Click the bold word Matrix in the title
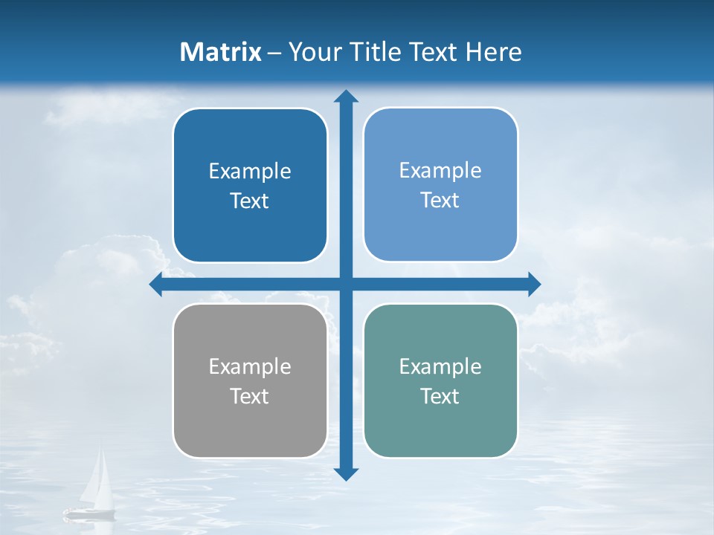[x=221, y=52]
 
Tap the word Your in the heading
[x=313, y=52]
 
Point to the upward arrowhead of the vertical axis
[x=346, y=96]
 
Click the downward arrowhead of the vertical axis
[x=346, y=473]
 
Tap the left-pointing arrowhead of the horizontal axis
[x=156, y=284]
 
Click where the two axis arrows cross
[x=346, y=284]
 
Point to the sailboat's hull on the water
[x=90, y=512]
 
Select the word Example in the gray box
[x=250, y=366]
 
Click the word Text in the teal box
[x=440, y=396]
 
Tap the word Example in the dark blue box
[x=250, y=171]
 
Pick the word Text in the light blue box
[x=440, y=200]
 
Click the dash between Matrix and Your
[x=274, y=53]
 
